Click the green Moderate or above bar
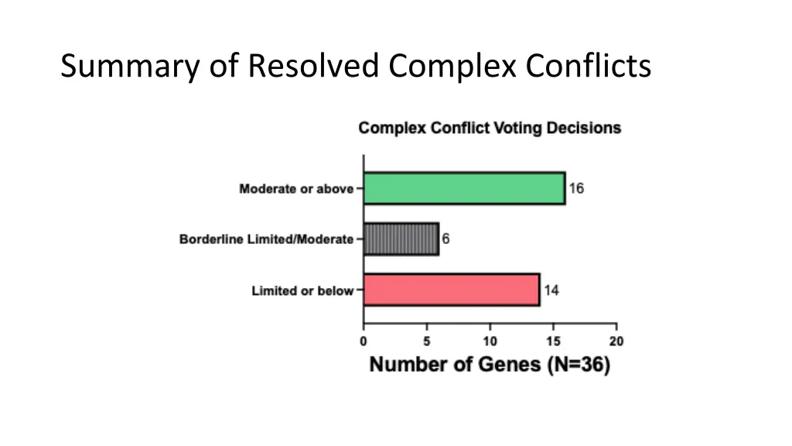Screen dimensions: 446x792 tap(464, 188)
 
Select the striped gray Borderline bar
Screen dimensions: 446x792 tap(401, 239)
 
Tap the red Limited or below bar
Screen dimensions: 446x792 tap(451, 290)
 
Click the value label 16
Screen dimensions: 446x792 tap(576, 188)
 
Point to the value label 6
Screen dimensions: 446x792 tap(445, 239)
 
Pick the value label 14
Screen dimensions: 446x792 tap(551, 290)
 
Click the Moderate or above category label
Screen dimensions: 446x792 tap(296, 189)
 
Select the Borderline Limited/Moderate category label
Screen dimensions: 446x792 tap(266, 239)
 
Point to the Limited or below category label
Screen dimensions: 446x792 tap(302, 291)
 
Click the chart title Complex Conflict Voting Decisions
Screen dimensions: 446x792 tap(490, 128)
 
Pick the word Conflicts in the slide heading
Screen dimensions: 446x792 tap(589, 67)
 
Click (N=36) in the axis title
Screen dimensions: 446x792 tap(579, 365)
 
